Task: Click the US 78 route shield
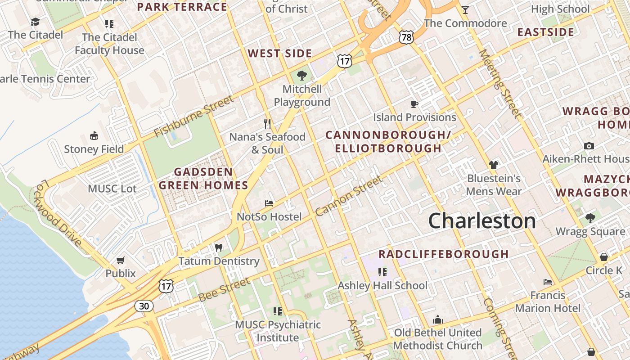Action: pos(406,37)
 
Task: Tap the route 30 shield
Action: pos(144,306)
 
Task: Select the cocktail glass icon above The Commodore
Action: pos(465,9)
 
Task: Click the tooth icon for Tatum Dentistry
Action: pos(219,247)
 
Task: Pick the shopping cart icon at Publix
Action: pos(120,260)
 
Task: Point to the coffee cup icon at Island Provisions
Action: pos(414,104)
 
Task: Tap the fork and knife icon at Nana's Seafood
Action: pos(267,124)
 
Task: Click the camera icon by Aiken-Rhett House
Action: pos(589,146)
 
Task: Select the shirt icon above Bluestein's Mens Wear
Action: pos(494,165)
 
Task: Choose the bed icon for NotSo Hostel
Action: pos(269,203)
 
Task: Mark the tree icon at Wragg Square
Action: pos(590,218)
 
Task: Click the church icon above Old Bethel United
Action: pos(438,320)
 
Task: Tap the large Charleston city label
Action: pos(482,221)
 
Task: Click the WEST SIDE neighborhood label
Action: pos(280,54)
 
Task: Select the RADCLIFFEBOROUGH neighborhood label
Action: pos(443,254)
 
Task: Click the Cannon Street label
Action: pos(349,196)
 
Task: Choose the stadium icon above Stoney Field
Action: pos(94,135)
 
